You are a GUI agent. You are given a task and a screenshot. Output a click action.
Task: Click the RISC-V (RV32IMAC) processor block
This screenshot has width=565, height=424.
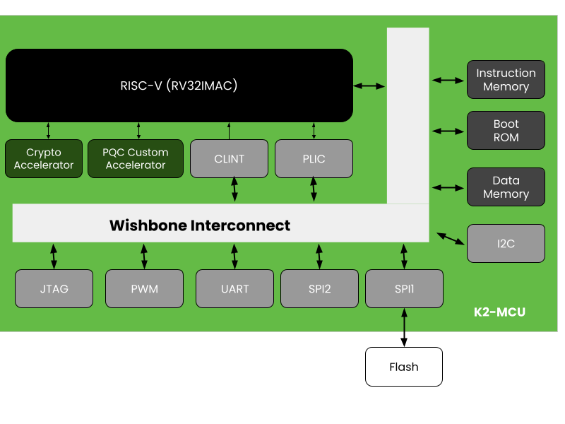pos(179,86)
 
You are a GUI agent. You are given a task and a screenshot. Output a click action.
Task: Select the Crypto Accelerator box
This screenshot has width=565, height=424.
pos(44,158)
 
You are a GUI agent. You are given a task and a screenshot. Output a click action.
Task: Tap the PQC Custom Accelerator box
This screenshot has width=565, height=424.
pos(136,158)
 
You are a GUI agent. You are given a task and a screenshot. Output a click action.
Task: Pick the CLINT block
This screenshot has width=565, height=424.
pos(229,158)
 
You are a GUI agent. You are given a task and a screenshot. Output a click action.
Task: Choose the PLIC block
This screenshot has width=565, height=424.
pos(314,158)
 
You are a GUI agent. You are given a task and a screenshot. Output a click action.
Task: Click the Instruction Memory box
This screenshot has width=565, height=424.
pos(506,79)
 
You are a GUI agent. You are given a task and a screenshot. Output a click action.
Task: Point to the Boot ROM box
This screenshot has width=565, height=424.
pos(506,130)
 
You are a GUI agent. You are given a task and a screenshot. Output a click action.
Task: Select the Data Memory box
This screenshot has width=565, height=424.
pos(506,187)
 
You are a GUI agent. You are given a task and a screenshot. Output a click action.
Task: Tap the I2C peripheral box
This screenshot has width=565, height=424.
pos(506,243)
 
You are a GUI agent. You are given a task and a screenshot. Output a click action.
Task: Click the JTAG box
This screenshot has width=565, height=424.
pos(54,288)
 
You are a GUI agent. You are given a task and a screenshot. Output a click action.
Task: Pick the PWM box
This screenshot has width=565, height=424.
pos(145,288)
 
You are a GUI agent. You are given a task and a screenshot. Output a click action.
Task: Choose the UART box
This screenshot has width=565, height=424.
pos(235,288)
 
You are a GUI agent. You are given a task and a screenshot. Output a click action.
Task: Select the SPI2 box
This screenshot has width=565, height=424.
pos(320,288)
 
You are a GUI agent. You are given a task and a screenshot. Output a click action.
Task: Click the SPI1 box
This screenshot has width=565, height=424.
pos(404,288)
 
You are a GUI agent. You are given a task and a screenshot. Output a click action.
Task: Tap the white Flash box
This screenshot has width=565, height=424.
pos(404,367)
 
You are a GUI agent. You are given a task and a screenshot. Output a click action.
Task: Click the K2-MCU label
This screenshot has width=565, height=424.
pos(499,312)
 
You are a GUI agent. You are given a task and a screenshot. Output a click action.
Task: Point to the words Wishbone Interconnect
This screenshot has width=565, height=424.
pos(200,225)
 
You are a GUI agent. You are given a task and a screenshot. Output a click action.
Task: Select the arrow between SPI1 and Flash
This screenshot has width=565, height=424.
pos(404,327)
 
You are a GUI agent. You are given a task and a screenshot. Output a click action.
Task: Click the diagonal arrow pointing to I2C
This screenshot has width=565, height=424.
pos(451,239)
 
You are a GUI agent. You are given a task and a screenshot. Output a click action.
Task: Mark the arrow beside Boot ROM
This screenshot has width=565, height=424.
pos(448,131)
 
